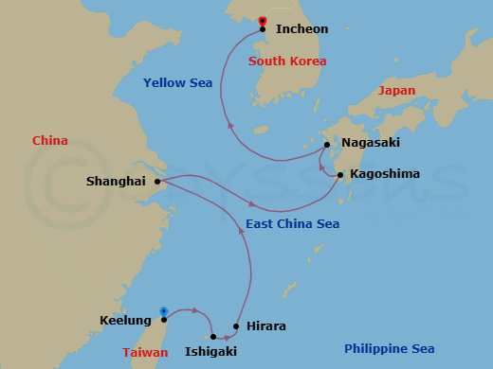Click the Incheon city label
tap(301, 29)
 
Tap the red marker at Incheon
tap(263, 21)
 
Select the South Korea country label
tap(287, 61)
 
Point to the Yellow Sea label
tap(177, 83)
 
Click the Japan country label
tap(396, 91)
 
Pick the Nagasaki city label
tap(371, 143)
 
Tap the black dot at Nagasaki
tap(327, 145)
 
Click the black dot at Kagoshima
tap(340, 174)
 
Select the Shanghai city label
tap(114, 181)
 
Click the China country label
tap(49, 141)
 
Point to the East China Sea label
tap(292, 224)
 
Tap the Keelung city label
tap(125, 321)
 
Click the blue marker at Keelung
tap(164, 310)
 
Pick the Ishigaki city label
tap(210, 351)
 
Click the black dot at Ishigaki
tap(213, 336)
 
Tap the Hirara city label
tap(265, 326)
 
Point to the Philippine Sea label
tap(391, 349)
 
